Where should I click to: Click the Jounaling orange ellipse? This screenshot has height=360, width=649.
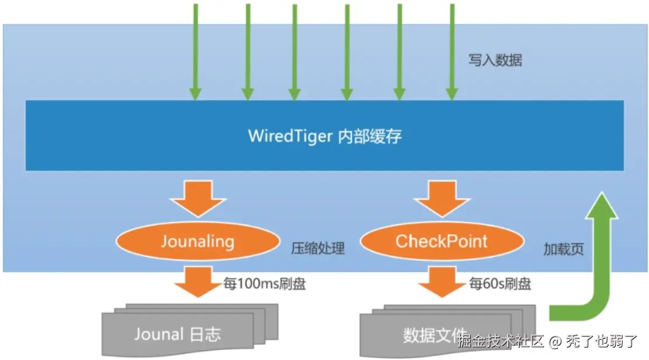pyautogui.click(x=197, y=241)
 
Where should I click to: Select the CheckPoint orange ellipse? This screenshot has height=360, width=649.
pyautogui.click(x=441, y=241)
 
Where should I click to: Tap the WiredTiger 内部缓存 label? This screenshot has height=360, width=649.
pyautogui.click(x=324, y=136)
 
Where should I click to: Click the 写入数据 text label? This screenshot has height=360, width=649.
pyautogui.click(x=495, y=60)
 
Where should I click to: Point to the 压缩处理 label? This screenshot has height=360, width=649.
pyautogui.click(x=318, y=249)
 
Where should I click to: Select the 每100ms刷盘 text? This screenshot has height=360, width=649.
pyautogui.click(x=265, y=284)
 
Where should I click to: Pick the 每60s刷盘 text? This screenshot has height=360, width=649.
pyautogui.click(x=500, y=284)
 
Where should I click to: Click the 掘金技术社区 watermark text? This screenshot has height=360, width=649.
pyautogui.click(x=500, y=341)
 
